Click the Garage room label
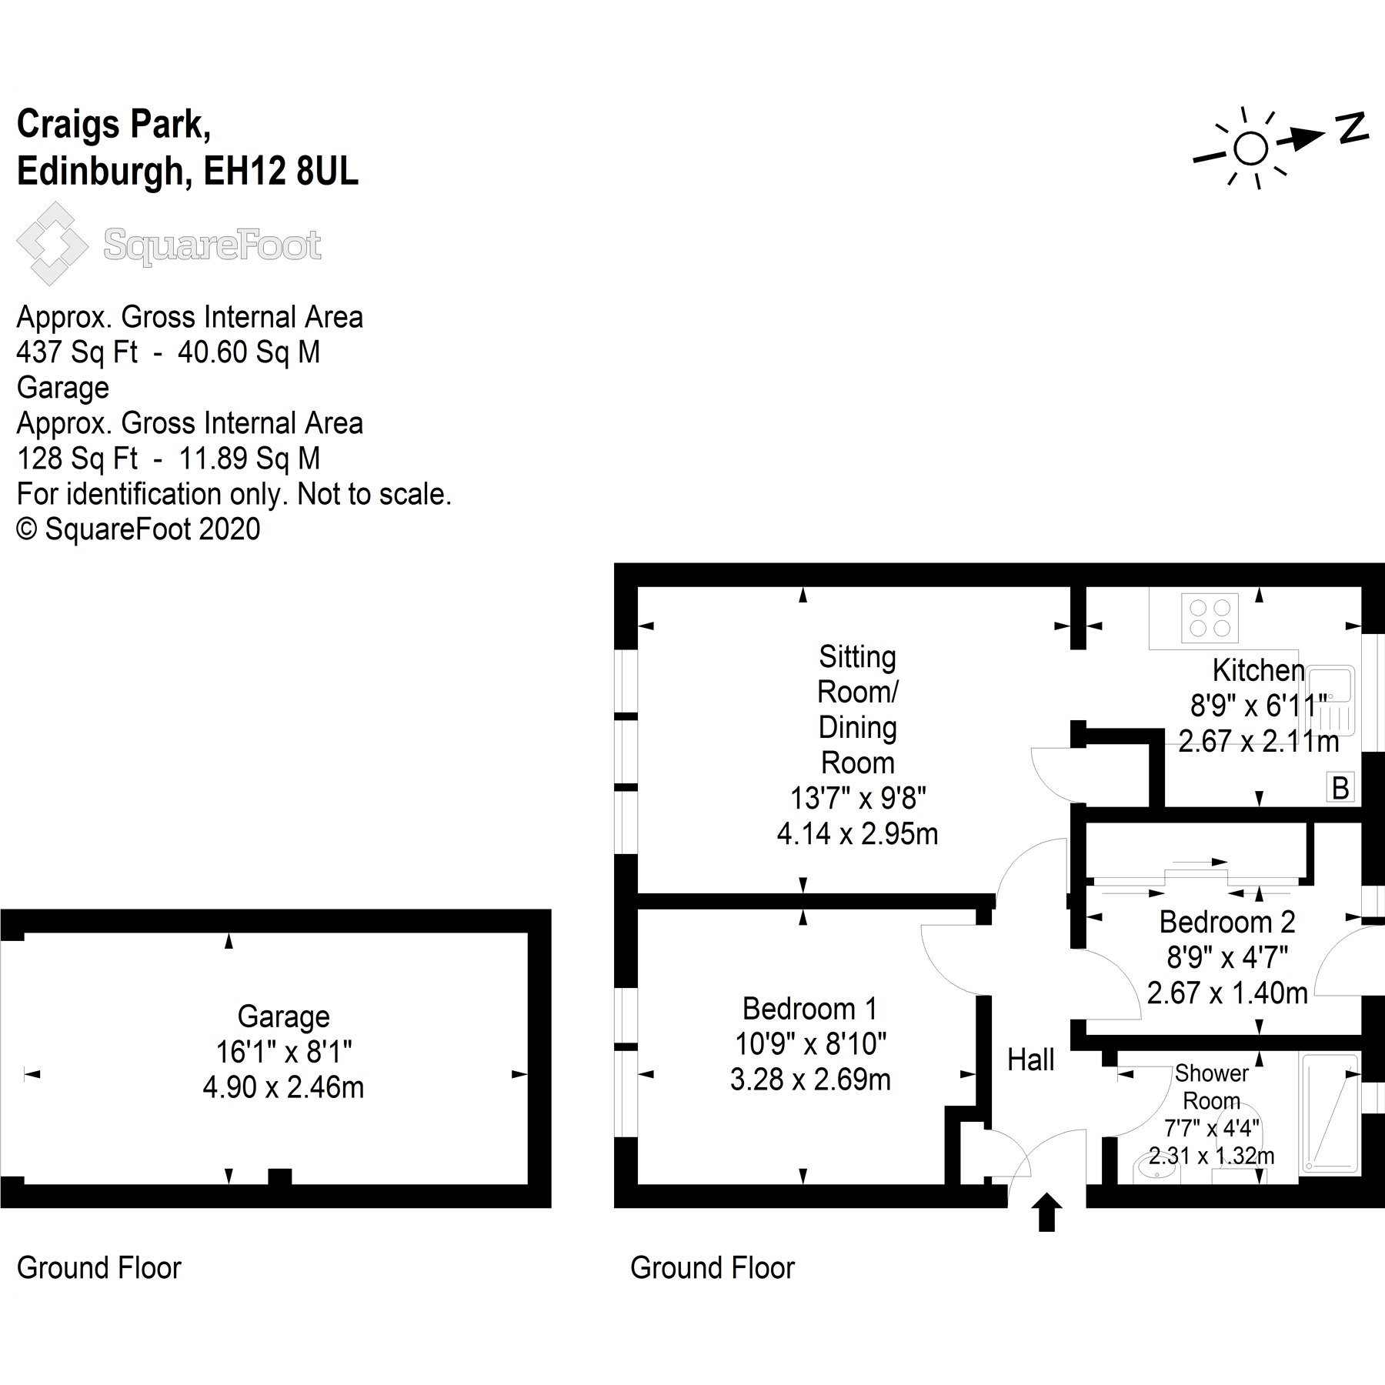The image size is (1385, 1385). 283,1016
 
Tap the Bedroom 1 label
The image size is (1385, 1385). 809,1009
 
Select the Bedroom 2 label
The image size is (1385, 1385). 1227,922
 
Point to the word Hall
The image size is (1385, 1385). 1030,1060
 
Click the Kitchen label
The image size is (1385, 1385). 1258,670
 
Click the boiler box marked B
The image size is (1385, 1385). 1340,789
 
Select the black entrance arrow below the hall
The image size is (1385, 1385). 1046,1212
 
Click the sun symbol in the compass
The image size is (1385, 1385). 1250,148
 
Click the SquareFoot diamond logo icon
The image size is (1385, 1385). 52,244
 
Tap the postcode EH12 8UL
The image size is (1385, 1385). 280,172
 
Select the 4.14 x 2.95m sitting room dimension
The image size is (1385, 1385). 857,834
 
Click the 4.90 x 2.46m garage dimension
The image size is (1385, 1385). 283,1087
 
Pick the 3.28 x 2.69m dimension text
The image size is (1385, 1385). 810,1080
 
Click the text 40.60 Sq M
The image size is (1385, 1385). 249,352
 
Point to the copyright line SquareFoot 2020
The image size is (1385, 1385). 138,529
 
